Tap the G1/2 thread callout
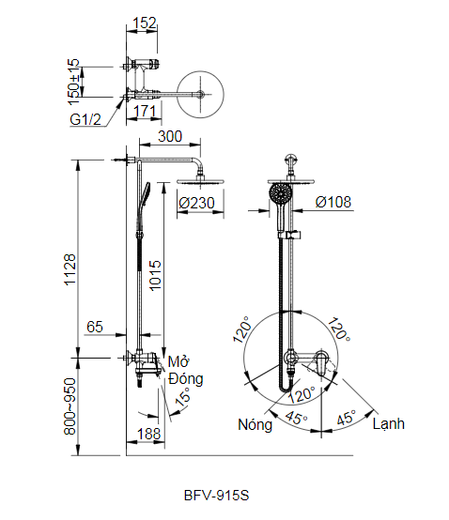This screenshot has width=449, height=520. pos(85,121)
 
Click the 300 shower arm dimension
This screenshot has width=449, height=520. pos(169,137)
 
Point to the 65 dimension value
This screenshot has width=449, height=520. pos(95,326)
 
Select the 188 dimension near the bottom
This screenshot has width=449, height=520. pos(147,433)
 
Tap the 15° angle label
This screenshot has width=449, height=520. pos(185,398)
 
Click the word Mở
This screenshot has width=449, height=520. pos(178,361)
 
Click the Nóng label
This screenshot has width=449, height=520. pos(255,424)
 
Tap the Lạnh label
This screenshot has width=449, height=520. pos(388,423)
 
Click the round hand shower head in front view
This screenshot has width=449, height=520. pos(280,195)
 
